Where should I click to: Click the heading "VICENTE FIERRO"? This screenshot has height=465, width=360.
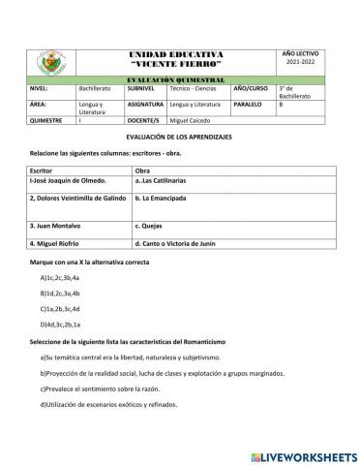pyautogui.click(x=175, y=63)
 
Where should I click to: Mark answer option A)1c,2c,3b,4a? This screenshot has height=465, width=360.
pyautogui.click(x=66, y=278)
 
